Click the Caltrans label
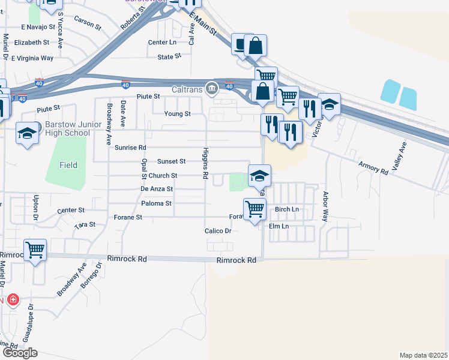point(187,89)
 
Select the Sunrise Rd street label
point(131,147)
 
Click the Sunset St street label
point(171,161)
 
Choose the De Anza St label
point(157,188)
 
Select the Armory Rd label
point(373,167)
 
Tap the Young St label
point(178,113)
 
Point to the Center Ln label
point(163,42)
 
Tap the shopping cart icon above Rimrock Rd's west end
point(35,249)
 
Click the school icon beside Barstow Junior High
point(27,133)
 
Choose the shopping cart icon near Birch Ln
point(255,209)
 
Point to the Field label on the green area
point(68,165)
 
